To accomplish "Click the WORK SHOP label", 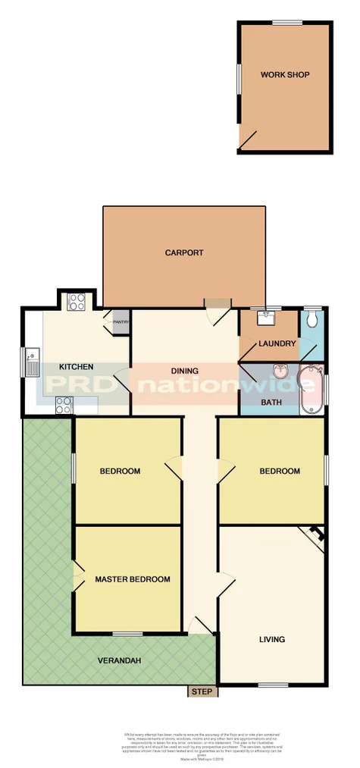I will pos(285,75).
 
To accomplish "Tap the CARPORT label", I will pos(184,253).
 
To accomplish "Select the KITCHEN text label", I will pos(76,367).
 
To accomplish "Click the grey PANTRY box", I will pos(121,322).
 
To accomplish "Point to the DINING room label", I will pos(184,371).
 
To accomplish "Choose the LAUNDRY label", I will pos(277,344).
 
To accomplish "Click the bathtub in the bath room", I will pos(310,390).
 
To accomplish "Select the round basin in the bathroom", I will pos(280,370).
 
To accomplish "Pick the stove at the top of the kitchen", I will pos(77,302).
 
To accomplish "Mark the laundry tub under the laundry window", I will pos(266,318).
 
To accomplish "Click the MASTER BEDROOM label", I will pos(132,580).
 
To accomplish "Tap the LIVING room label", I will pos(271,639).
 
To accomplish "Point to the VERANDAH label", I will pos(119,660).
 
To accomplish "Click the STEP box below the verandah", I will pos(202,691).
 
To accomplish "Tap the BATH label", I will pos(271,403).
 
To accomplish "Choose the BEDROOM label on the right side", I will pos(280,471).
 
